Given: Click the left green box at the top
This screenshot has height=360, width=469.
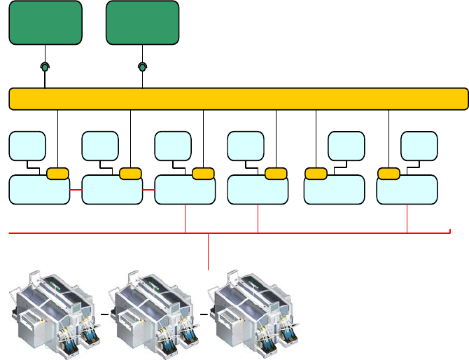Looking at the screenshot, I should [x=45, y=22].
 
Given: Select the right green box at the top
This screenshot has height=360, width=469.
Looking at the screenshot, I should [x=142, y=22].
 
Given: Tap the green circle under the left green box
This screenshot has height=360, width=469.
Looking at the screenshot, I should [x=45, y=67].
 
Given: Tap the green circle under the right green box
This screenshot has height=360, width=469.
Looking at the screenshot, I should [x=142, y=67].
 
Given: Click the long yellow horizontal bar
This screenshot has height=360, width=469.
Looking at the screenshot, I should [x=238, y=99].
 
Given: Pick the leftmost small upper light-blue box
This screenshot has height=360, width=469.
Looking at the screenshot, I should [x=27, y=146].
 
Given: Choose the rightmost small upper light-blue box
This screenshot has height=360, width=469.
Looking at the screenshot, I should [x=419, y=146].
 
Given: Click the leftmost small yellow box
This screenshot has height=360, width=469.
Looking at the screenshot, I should [x=57, y=174].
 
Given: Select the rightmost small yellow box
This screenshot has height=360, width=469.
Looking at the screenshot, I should [x=388, y=174].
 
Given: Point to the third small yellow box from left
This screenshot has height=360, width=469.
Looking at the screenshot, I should [x=203, y=174].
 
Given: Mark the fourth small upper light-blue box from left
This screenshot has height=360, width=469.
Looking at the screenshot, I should [x=246, y=146].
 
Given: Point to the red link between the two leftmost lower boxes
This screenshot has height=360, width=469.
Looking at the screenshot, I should [x=76, y=189].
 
